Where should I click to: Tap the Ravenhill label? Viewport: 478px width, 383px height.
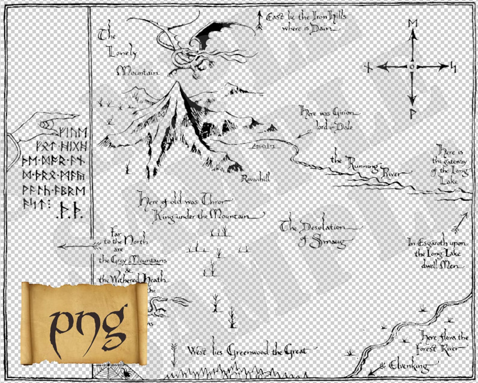click(x=256, y=178)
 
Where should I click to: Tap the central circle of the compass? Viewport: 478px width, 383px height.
click(x=412, y=67)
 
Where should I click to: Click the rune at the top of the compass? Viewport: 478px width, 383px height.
click(x=412, y=23)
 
